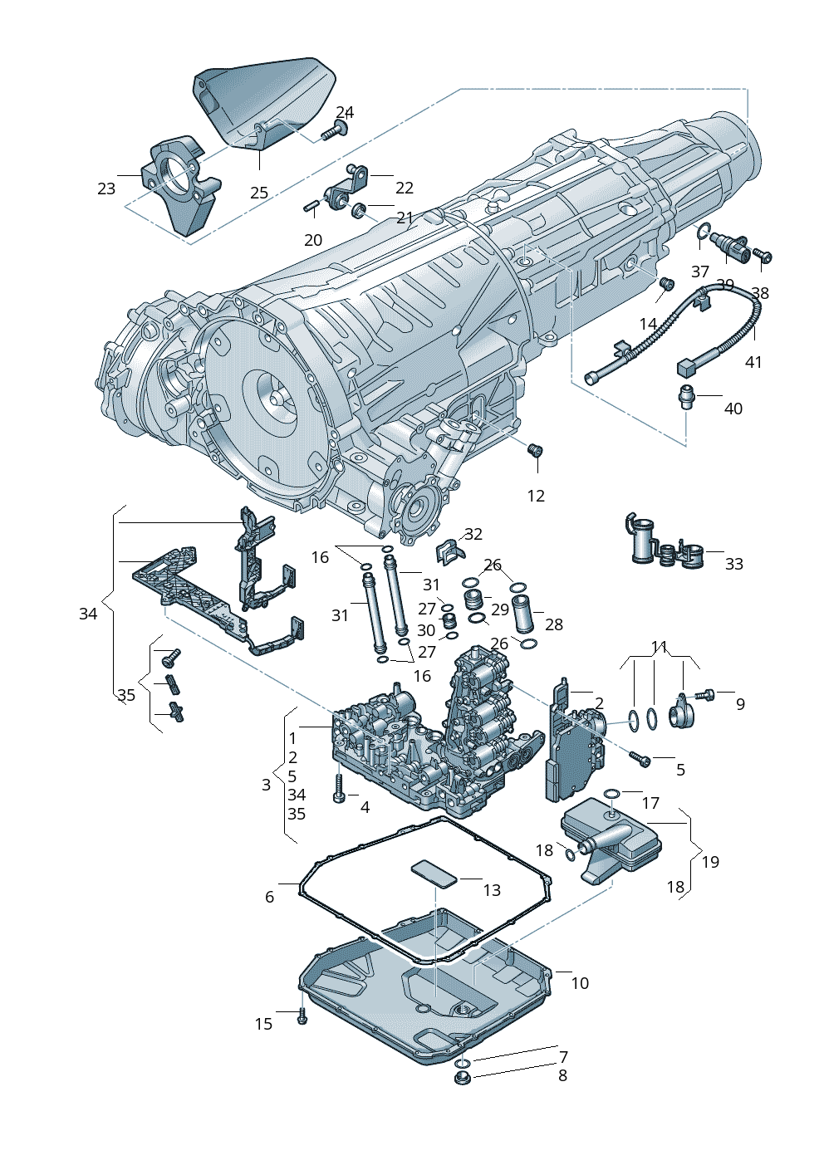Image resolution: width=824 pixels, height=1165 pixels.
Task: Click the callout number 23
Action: pos(106,188)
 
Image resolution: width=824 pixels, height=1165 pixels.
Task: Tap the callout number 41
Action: pos(753,362)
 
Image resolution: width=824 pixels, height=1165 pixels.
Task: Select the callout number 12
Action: pos(536,496)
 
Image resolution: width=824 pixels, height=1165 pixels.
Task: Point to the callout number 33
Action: pos(733,564)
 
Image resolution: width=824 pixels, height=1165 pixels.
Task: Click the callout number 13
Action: pos(492,890)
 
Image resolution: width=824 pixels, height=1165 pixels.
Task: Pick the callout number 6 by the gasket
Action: pos(269,897)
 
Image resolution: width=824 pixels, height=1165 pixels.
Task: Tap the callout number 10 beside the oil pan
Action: pos(580,983)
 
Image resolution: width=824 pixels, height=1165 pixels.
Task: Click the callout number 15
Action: pos(263,1024)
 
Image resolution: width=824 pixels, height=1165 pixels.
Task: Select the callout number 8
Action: pos(562,1075)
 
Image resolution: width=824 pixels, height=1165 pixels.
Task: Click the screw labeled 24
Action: pos(335,130)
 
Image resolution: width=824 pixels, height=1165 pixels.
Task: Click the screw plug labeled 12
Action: pos(536,451)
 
